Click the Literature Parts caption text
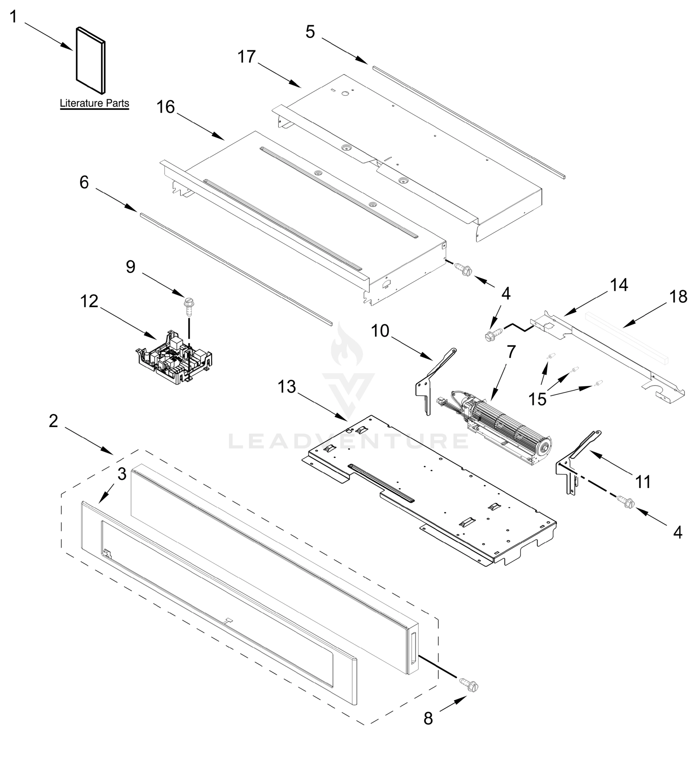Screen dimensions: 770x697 click(x=94, y=103)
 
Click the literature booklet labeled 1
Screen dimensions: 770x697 click(x=90, y=60)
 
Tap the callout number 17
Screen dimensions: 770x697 click(x=246, y=57)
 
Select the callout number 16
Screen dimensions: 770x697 click(x=166, y=107)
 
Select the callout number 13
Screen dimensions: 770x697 click(x=287, y=387)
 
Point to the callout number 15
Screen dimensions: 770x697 click(x=537, y=399)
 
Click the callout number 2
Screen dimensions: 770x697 click(x=54, y=421)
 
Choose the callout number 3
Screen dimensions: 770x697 click(x=122, y=474)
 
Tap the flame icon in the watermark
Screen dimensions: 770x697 click(x=347, y=346)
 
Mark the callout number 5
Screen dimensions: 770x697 click(x=310, y=32)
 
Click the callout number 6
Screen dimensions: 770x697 click(x=84, y=183)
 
